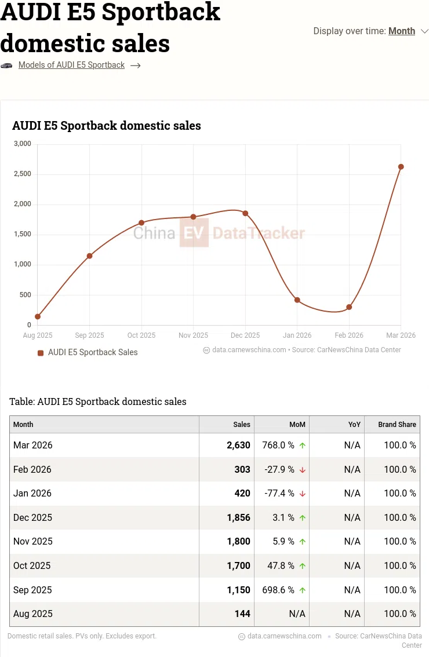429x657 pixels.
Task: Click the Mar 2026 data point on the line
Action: (x=401, y=167)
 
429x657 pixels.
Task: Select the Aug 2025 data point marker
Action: (x=38, y=316)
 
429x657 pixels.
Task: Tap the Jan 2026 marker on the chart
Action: (x=297, y=300)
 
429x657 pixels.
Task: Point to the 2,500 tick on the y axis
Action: (x=22, y=174)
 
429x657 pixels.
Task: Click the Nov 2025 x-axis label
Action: (x=193, y=335)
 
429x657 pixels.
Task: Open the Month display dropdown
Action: (x=402, y=31)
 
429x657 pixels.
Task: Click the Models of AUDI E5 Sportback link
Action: (x=71, y=65)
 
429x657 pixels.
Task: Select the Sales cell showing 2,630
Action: (x=238, y=446)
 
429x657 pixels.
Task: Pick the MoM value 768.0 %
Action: (x=279, y=446)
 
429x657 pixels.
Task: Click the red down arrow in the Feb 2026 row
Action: (x=303, y=470)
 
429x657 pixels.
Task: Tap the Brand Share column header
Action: (x=397, y=425)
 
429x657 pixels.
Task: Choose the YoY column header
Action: (x=354, y=425)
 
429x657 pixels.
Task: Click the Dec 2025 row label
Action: (x=33, y=517)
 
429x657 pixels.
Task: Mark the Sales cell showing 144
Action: (x=243, y=614)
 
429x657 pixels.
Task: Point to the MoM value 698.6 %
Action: (x=279, y=590)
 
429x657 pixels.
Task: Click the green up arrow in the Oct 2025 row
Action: (x=303, y=566)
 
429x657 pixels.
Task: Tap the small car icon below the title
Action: (x=6, y=65)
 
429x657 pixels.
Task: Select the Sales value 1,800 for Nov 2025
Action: (x=238, y=542)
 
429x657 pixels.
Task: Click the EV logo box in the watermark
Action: (x=194, y=233)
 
